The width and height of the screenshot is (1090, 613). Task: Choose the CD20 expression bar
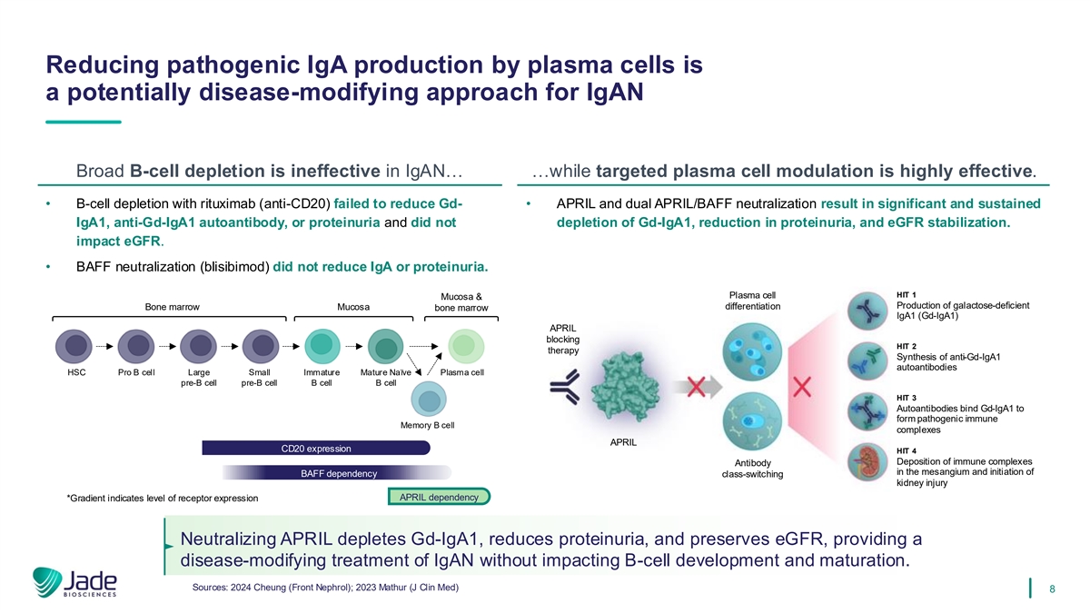(x=315, y=447)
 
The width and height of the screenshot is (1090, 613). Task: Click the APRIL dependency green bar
(x=439, y=497)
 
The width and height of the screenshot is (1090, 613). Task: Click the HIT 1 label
(x=906, y=293)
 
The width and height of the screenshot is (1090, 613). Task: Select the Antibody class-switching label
(x=753, y=469)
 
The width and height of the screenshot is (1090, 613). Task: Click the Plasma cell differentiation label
(x=753, y=300)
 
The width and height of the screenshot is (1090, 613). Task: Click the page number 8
(x=1051, y=588)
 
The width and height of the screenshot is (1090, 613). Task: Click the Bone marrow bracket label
(x=172, y=307)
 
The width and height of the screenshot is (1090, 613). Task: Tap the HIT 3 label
(x=906, y=398)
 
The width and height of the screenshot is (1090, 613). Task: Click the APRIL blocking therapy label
(x=564, y=340)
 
